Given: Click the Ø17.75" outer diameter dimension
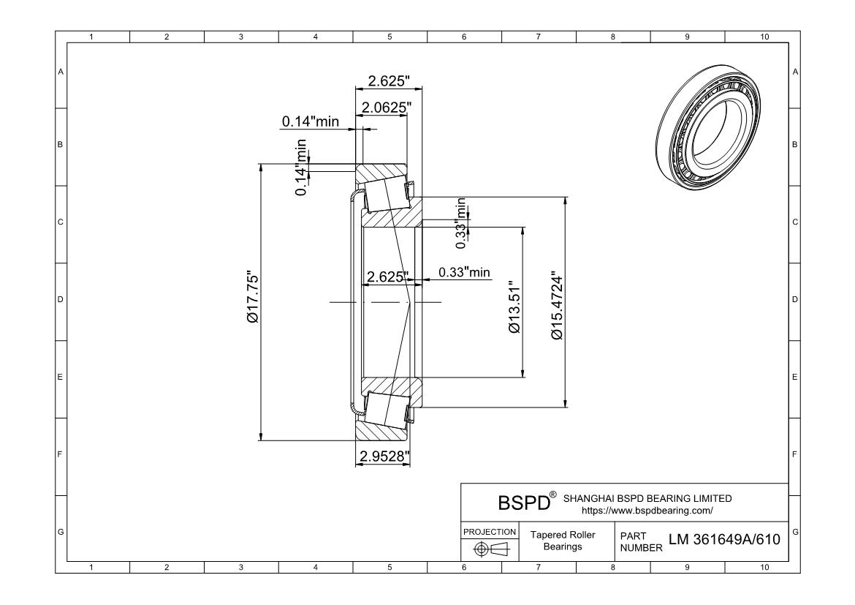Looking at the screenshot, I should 252,301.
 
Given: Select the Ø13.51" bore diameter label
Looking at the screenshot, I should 514,307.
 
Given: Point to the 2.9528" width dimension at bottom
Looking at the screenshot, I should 382,456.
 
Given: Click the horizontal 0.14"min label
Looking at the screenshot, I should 310,121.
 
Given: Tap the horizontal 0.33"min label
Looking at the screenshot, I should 464,273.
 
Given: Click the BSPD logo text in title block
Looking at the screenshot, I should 523,503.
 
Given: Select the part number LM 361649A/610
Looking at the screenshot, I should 724,540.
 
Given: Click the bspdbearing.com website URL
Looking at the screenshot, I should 646,510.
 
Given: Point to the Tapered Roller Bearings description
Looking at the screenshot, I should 568,541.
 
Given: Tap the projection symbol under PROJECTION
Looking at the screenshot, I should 490,549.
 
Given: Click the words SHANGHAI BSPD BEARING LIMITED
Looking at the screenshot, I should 647,498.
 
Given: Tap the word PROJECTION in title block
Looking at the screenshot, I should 490,531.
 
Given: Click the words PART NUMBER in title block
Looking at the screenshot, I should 639,541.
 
